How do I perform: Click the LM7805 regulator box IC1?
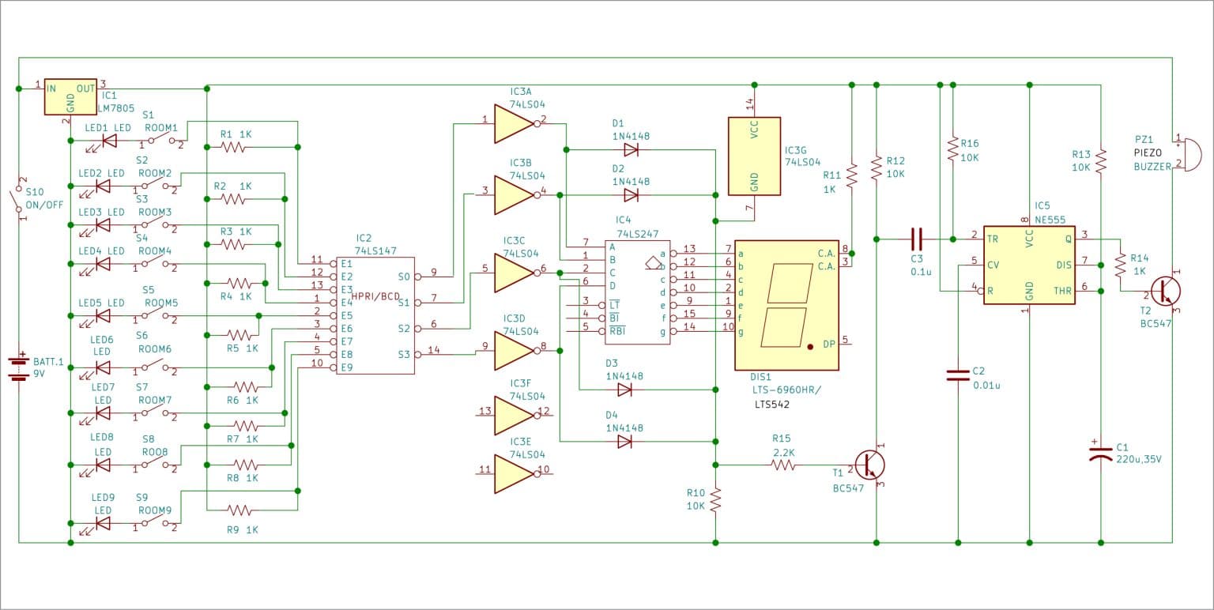(x=70, y=96)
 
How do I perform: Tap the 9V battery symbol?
(x=18, y=367)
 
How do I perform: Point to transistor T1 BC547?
(x=870, y=465)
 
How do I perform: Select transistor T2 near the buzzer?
(x=1163, y=291)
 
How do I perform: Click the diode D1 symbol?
(x=630, y=149)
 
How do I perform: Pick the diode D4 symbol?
(x=624, y=442)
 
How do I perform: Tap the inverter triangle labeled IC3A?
(x=514, y=123)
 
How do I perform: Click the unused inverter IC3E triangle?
(x=514, y=473)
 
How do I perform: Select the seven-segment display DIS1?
(x=786, y=305)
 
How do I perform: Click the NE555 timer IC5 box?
(x=1029, y=265)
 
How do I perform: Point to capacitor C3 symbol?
(x=916, y=237)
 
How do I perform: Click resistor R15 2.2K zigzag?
(x=783, y=465)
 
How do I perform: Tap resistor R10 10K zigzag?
(x=715, y=499)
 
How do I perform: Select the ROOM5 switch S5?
(x=156, y=316)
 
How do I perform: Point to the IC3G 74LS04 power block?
(x=753, y=156)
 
